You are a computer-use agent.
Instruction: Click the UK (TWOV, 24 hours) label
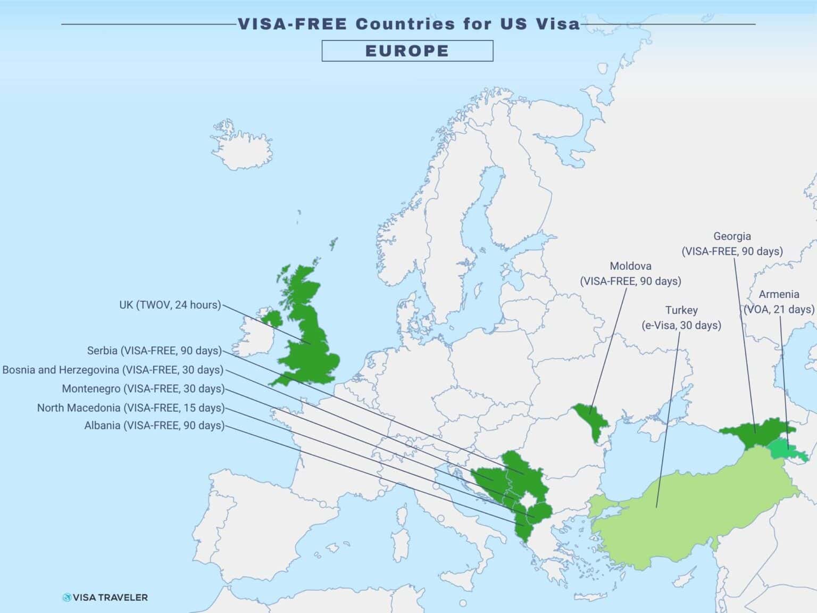(x=170, y=305)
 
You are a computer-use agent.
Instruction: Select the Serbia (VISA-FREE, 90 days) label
(x=154, y=351)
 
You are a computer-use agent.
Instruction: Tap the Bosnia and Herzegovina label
(x=113, y=370)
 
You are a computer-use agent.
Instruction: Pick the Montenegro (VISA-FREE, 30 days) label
(x=143, y=389)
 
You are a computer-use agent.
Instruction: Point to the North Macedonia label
(x=131, y=408)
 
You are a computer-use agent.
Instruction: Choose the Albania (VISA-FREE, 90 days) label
(x=154, y=426)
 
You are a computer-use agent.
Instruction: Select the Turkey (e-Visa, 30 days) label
(x=681, y=318)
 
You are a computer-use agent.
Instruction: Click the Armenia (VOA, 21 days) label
(x=779, y=302)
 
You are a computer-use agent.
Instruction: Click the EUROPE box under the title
(x=407, y=51)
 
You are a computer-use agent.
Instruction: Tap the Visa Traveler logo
(x=105, y=598)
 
